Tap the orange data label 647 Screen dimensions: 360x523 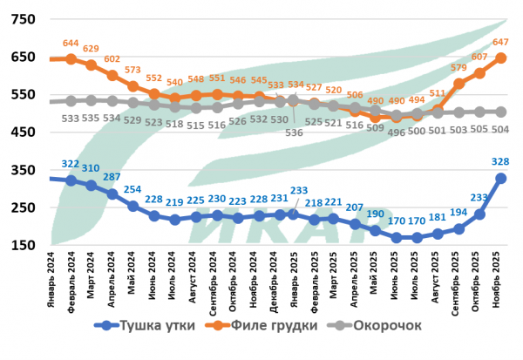pos(503,42)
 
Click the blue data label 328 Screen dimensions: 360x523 pos(503,161)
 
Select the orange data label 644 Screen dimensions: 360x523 pos(71,42)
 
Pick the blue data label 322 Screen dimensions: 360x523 pos(71,163)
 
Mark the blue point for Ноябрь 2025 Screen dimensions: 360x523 pos(503,178)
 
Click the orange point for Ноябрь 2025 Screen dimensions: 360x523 pos(503,58)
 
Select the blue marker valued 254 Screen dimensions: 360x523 pos(132,206)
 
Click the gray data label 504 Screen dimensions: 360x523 pos(503,129)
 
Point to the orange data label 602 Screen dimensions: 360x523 pos(112,59)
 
